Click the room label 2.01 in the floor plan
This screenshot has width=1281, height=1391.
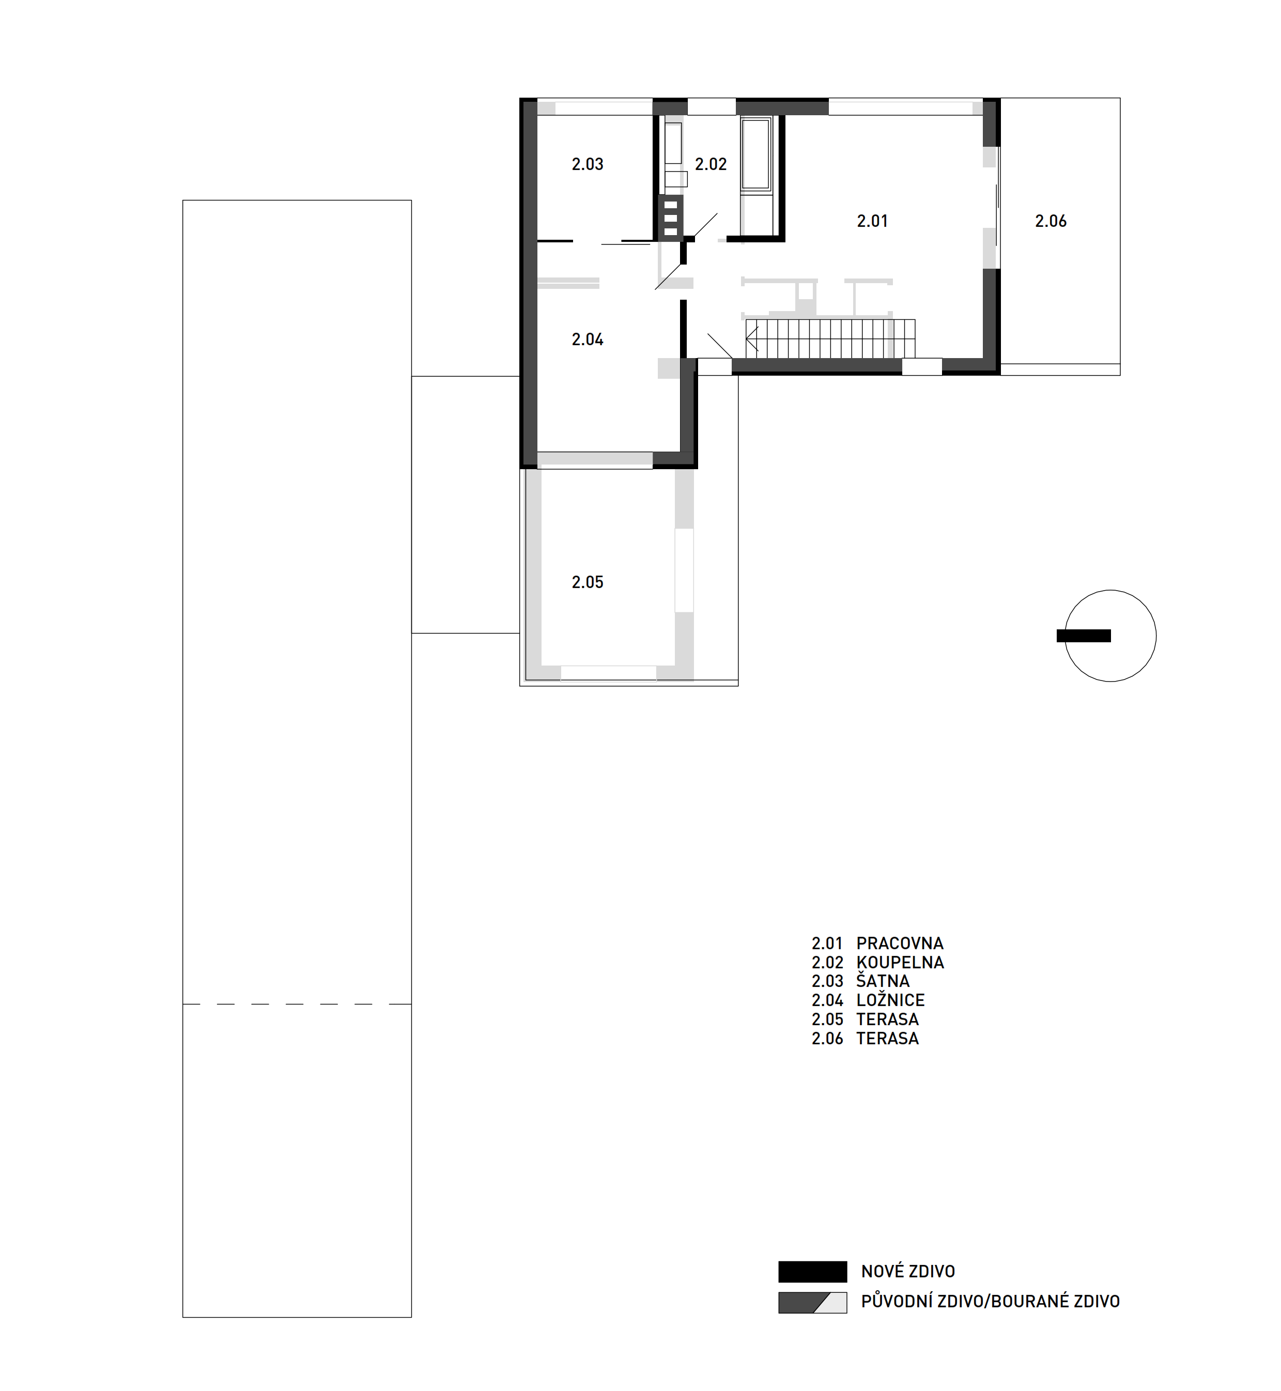[872, 221]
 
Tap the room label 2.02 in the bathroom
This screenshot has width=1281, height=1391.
[711, 164]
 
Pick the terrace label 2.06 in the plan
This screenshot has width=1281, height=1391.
[1051, 221]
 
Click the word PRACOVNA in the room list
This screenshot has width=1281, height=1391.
[900, 944]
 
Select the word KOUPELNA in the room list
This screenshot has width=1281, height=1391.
[901, 962]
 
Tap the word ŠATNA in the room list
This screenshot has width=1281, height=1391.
[883, 981]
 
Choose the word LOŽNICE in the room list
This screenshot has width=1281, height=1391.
[891, 1000]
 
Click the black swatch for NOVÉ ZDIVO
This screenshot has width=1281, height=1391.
[812, 1272]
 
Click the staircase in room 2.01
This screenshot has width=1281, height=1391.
[830, 338]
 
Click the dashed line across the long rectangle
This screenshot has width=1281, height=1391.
[297, 1003]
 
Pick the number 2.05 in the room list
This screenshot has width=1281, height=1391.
[828, 1019]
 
